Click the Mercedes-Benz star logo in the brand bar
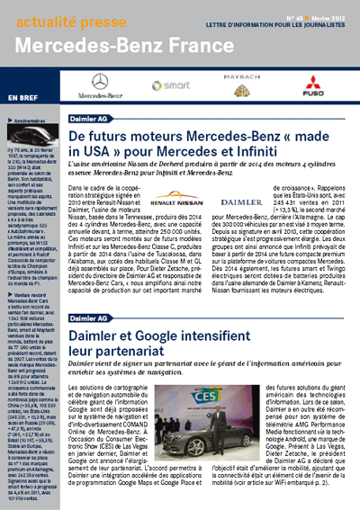[x=100, y=83]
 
